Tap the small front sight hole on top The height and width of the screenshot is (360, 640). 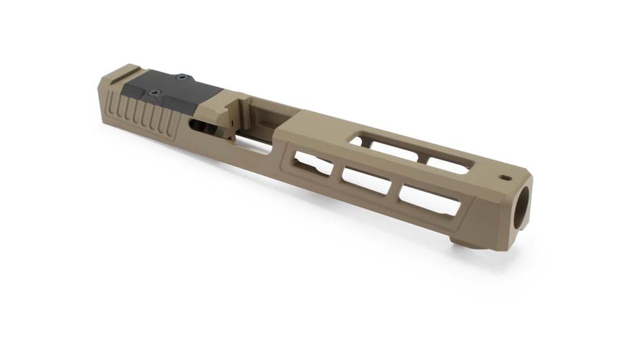pyautogui.click(x=505, y=177)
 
